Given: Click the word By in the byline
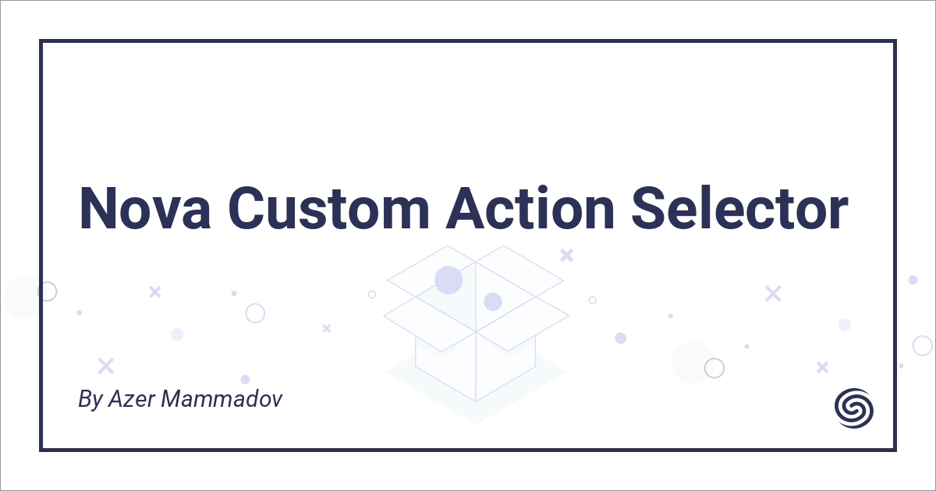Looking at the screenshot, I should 90,401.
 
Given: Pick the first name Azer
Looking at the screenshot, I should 129,400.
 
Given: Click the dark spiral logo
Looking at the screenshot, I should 853,407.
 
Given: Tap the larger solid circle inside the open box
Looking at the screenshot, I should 448,280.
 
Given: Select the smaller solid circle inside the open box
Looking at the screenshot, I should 492,302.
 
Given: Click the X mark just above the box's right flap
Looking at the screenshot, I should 567,255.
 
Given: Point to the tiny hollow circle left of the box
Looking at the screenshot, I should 372,295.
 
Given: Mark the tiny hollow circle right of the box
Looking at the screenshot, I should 593,300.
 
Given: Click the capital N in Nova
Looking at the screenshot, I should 97,208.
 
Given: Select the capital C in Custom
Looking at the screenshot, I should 249,208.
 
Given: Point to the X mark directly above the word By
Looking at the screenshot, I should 105,366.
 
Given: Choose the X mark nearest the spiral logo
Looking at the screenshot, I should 822,367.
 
